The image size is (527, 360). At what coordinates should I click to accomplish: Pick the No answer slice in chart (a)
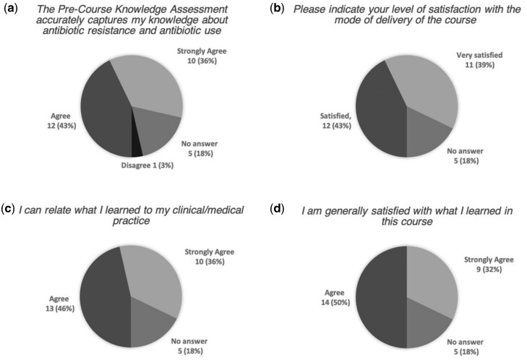(159, 129)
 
